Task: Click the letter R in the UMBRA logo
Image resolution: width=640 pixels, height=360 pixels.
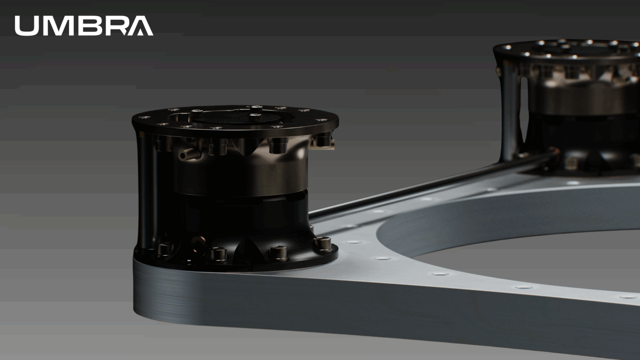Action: (113, 26)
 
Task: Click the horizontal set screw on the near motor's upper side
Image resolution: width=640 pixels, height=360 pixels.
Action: (186, 154)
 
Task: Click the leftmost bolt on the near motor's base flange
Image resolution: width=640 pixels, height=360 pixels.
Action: (163, 249)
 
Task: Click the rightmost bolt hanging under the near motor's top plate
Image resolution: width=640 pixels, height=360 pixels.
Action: (321, 139)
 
